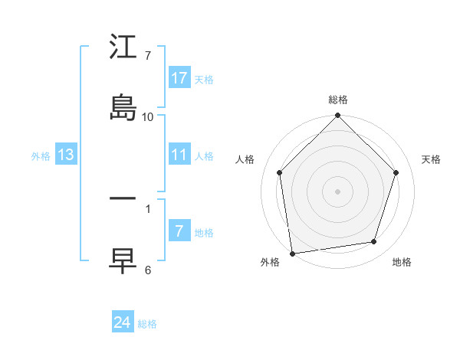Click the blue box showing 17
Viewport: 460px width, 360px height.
pyautogui.click(x=179, y=78)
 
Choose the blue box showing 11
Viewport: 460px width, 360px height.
pyautogui.click(x=179, y=155)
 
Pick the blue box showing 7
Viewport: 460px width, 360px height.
pyautogui.click(x=179, y=231)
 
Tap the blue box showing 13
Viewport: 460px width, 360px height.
pyautogui.click(x=66, y=155)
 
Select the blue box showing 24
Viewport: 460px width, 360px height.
pyautogui.click(x=123, y=322)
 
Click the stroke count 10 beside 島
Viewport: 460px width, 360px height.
pyautogui.click(x=148, y=116)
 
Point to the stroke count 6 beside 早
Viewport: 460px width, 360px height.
pyautogui.click(x=148, y=270)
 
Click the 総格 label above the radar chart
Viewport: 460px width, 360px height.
pyautogui.click(x=338, y=100)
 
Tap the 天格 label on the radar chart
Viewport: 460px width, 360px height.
pyautogui.click(x=431, y=159)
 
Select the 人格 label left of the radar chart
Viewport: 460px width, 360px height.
pyautogui.click(x=245, y=159)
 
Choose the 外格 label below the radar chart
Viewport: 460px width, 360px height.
pyautogui.click(x=270, y=262)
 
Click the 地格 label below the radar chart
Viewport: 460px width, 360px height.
pyautogui.click(x=402, y=262)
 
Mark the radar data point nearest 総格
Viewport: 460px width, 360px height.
pyautogui.click(x=338, y=116)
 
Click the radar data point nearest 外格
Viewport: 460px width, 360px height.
pyautogui.click(x=292, y=253)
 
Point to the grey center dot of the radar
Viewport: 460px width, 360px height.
pyautogui.click(x=338, y=190)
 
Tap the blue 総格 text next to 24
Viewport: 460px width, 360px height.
pyautogui.click(x=147, y=324)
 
